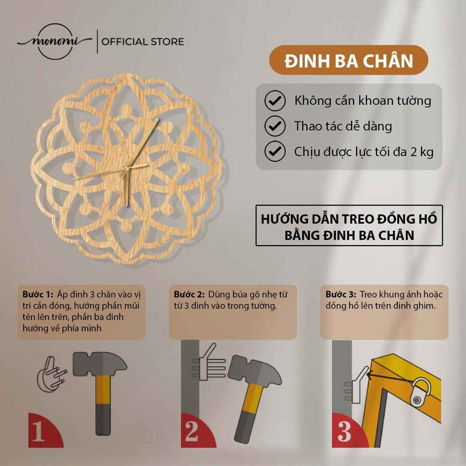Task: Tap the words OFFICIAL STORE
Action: (x=142, y=42)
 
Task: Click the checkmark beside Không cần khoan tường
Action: (x=275, y=101)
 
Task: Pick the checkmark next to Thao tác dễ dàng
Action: (x=275, y=126)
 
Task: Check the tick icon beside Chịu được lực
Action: (x=275, y=151)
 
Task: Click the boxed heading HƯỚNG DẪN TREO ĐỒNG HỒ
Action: (x=349, y=226)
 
